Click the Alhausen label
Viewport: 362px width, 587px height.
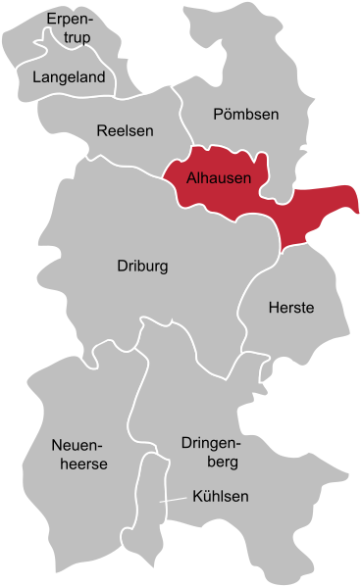point(217,178)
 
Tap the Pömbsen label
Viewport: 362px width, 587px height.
point(245,115)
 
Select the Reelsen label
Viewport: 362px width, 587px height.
point(123,130)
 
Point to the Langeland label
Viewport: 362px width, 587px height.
point(68,76)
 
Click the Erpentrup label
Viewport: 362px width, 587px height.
point(68,28)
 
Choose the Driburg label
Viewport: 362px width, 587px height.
point(143,266)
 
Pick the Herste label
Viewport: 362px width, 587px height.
point(290,308)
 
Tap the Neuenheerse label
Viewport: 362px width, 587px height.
point(78,455)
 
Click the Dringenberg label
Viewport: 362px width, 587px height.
point(209,452)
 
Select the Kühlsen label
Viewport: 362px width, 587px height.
point(220,497)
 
